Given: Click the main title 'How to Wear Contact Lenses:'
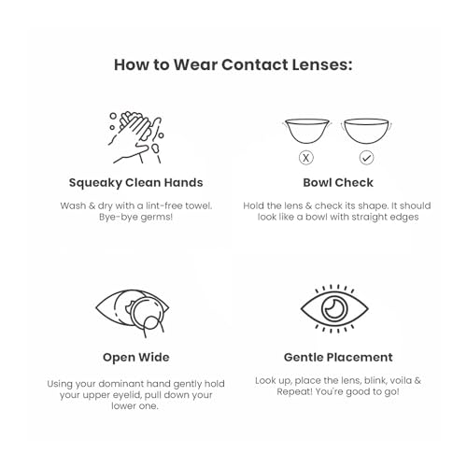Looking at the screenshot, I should tap(233, 64).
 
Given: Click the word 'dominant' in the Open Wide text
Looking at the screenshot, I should tap(123, 382).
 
